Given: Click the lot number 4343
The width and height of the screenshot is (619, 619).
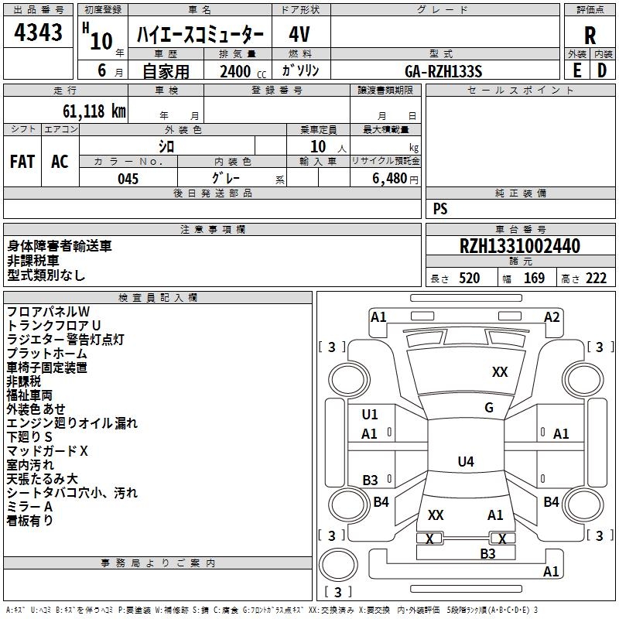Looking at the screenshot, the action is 38,32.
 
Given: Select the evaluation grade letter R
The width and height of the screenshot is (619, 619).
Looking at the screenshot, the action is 590,36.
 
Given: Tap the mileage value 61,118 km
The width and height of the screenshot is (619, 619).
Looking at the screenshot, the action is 94,111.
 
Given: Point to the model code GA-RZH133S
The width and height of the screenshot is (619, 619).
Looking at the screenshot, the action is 443,71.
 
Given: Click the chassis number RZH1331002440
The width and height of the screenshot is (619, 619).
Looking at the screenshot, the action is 520,246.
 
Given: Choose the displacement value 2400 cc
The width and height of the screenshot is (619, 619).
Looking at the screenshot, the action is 243,71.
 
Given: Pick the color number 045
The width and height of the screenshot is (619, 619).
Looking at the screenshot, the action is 128,179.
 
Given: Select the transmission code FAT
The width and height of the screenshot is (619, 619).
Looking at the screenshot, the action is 22,162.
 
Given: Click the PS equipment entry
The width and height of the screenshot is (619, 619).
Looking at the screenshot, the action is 440,208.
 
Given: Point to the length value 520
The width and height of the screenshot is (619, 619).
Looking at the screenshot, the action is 470,279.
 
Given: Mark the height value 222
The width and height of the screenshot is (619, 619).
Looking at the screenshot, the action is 596,279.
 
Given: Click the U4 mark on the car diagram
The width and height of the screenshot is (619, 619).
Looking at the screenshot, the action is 466,461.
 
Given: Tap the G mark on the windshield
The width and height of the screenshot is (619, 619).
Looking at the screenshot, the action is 489,408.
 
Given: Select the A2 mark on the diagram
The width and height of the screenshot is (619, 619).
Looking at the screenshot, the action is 552,317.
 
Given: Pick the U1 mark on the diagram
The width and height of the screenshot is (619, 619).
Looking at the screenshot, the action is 370,415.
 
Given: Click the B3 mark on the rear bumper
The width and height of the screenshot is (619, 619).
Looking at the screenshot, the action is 487,554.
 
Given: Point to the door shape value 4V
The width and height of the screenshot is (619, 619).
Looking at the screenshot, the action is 299,34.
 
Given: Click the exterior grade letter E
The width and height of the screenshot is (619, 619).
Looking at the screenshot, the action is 577,70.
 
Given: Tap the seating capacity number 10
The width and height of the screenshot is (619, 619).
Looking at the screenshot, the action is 318,147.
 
